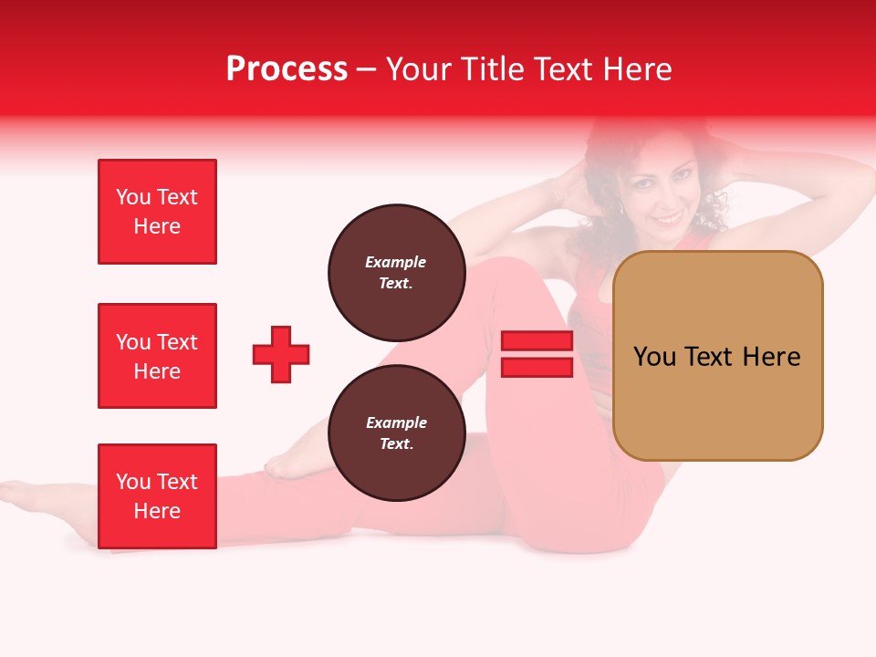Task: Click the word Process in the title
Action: pyautogui.click(x=287, y=69)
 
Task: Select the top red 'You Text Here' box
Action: pyautogui.click(x=157, y=212)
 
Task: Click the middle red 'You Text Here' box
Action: pyautogui.click(x=157, y=356)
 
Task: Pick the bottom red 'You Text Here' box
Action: pyautogui.click(x=157, y=495)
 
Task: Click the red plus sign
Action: pyautogui.click(x=281, y=354)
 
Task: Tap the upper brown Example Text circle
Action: pyautogui.click(x=396, y=272)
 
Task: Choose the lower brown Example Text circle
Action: pyautogui.click(x=396, y=433)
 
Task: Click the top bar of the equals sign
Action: pyautogui.click(x=537, y=341)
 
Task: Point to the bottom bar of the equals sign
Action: pyautogui.click(x=537, y=368)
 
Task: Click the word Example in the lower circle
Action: pyautogui.click(x=396, y=422)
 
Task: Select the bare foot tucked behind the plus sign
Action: pyautogui.click(x=297, y=461)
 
